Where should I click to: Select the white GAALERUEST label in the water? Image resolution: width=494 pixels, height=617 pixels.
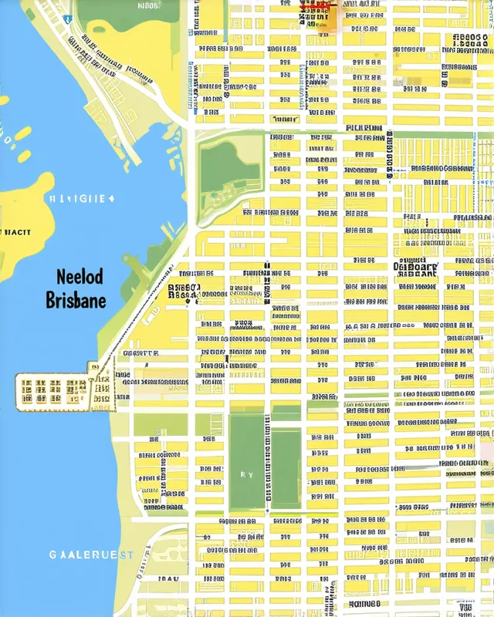pyautogui.click(x=92, y=555)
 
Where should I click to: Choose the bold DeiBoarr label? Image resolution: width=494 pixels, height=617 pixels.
pyautogui.click(x=415, y=268)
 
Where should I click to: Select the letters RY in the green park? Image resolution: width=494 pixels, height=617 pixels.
pyautogui.click(x=247, y=475)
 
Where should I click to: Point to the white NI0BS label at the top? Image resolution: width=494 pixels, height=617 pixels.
pyautogui.click(x=149, y=5)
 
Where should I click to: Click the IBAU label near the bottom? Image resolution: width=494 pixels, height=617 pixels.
pyautogui.click(x=169, y=578)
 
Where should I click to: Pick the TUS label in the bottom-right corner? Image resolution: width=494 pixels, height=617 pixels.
pyautogui.click(x=465, y=607)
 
